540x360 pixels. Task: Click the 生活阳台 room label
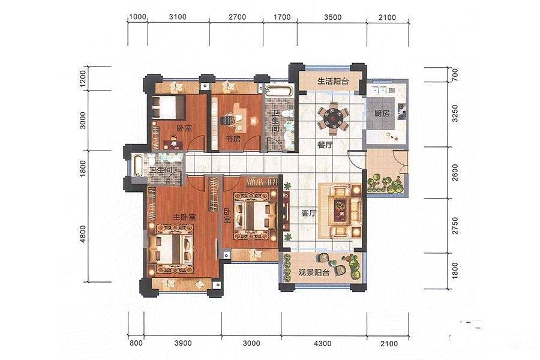coord(332,82)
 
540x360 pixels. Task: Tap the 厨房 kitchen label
coord(382,113)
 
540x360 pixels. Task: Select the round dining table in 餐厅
coord(333,118)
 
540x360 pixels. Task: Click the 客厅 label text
coord(308,213)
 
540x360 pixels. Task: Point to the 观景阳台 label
coord(314,272)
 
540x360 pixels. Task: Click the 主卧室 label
coord(184,217)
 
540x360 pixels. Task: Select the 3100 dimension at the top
coord(178,17)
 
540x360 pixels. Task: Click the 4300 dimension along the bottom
coord(323,343)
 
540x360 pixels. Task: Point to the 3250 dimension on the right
coord(455,113)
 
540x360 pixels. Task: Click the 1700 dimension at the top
coord(282,17)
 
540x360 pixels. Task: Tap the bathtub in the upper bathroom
coord(279,92)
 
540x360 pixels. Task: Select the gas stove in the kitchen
coord(402,112)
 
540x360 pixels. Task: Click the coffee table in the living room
coord(341,211)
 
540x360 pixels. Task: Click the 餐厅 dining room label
coord(325,145)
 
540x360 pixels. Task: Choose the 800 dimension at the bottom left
coord(136,343)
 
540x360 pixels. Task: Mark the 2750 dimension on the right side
coord(455,226)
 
